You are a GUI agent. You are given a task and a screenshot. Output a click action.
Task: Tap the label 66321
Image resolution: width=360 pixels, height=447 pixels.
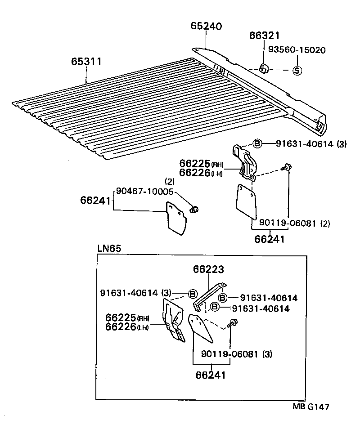coord(265,36)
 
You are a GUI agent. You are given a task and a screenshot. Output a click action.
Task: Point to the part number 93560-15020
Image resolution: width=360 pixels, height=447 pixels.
coord(297,50)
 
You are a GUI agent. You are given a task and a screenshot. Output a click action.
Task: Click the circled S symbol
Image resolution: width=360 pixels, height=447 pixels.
coord(297,70)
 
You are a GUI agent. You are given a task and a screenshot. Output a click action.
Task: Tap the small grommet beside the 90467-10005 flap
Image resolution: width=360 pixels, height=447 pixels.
coord(195,209)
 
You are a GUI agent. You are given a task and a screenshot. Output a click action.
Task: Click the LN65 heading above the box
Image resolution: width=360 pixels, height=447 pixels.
coord(109,249)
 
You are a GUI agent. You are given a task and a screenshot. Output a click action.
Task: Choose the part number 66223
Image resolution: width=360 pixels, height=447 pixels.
coord(209,269)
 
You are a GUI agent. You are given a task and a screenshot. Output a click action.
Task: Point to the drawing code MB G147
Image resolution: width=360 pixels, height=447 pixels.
coord(311,407)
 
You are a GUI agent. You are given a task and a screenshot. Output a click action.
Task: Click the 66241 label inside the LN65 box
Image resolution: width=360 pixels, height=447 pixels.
coord(211,374)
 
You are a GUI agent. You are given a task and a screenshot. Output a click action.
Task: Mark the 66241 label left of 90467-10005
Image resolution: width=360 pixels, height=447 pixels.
coord(96,200)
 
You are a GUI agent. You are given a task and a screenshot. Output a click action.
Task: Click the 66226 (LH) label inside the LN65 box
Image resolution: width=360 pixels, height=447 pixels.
coord(127,327)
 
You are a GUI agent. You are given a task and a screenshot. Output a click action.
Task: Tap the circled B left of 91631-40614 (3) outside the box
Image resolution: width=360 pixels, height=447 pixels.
coord(257,143)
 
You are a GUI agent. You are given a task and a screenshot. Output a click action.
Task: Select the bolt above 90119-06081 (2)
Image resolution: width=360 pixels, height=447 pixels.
coord(288,168)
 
